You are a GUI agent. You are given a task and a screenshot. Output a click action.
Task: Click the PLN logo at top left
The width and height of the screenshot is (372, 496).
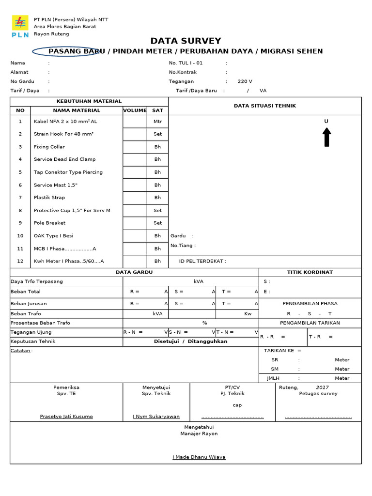(20, 26)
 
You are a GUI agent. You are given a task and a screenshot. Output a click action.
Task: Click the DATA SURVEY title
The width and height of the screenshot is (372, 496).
(186, 41)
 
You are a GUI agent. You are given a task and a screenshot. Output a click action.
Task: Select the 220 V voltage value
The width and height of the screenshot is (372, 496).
(245, 81)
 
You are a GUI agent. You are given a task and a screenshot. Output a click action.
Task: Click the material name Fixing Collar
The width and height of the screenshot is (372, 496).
(49, 147)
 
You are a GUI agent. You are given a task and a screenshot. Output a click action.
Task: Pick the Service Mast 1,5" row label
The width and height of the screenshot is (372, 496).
(55, 185)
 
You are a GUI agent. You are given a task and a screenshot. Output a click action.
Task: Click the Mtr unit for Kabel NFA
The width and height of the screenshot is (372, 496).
(157, 122)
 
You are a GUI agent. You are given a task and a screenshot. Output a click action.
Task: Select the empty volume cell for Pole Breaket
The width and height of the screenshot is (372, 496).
(135, 223)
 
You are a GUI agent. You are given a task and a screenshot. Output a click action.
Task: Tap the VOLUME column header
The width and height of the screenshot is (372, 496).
(135, 110)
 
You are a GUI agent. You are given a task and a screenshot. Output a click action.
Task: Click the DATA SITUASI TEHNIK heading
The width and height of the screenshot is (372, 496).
(264, 106)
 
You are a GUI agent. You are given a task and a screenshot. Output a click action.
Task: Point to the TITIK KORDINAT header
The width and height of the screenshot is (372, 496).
(310, 272)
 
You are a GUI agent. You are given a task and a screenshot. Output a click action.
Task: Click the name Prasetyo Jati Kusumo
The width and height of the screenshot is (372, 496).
(66, 417)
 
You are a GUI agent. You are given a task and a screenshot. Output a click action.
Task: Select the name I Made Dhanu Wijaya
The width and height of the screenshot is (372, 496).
(199, 457)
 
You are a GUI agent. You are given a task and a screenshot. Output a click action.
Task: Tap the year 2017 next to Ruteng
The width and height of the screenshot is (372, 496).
(322, 387)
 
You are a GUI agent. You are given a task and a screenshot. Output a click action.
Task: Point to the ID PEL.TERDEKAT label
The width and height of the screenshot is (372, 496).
(202, 261)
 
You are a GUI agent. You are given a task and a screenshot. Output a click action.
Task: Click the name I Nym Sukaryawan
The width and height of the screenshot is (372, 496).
(156, 417)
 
